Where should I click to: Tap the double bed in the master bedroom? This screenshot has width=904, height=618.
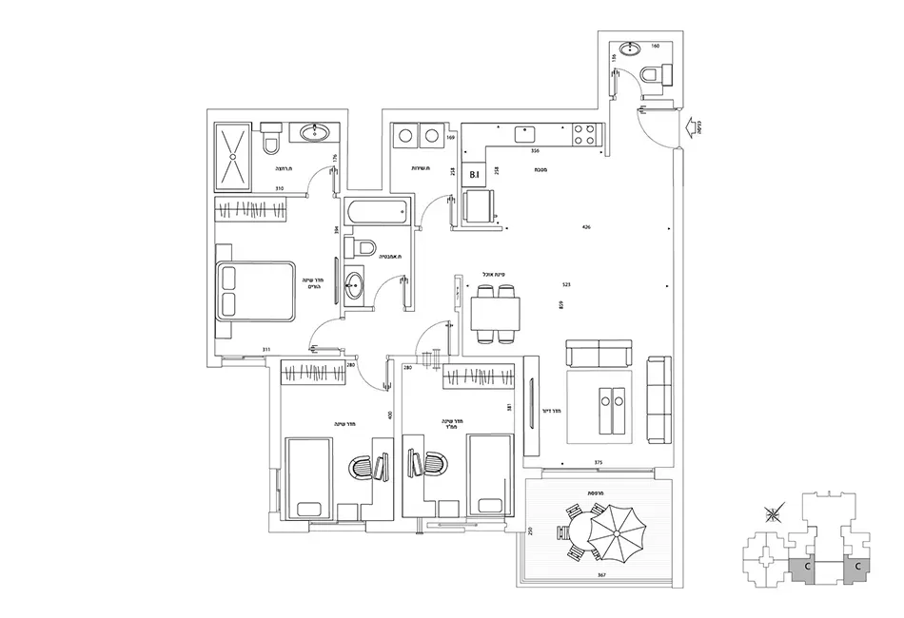pyautogui.click(x=256, y=291)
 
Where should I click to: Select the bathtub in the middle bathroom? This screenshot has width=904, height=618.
pyautogui.click(x=375, y=213)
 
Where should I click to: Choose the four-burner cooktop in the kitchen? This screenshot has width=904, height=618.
pyautogui.click(x=583, y=135)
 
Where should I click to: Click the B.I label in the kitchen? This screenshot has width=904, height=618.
pyautogui.click(x=473, y=175)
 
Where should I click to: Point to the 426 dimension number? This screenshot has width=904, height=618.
pyautogui.click(x=587, y=227)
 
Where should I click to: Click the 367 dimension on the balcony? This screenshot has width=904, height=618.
pyautogui.click(x=602, y=576)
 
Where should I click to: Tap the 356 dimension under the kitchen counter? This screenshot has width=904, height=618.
pyautogui.click(x=536, y=151)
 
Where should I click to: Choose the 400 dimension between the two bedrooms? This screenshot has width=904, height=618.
pyautogui.click(x=390, y=415)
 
